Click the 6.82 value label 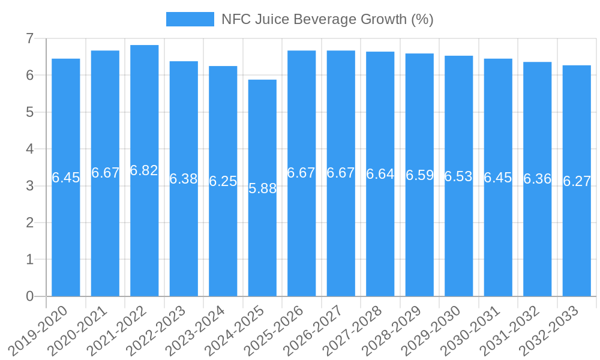coord(145,170)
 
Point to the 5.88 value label coord(262,188)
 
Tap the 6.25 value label coord(223,181)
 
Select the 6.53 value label coord(458,176)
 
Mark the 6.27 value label coord(577,181)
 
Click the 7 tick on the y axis coord(29,38)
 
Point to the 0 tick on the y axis coord(29,296)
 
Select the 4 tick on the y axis coord(29,149)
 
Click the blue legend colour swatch coord(190,19)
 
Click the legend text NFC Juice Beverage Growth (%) coord(327,19)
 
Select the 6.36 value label coord(537,179)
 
